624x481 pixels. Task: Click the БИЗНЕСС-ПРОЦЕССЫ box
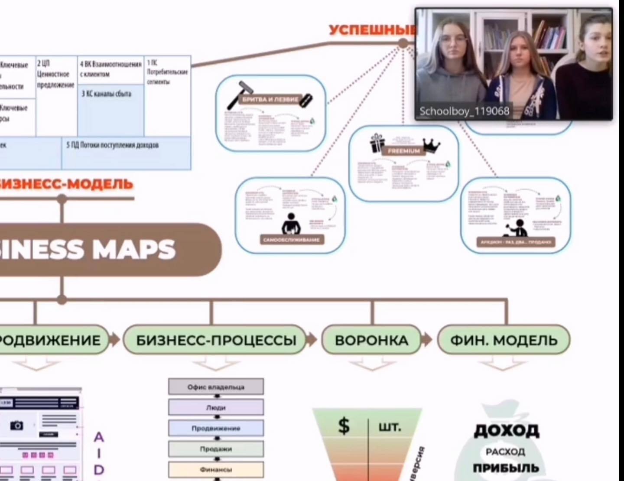coord(215,340)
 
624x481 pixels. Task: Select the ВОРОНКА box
coord(371,340)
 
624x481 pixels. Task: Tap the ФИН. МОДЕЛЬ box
coord(504,340)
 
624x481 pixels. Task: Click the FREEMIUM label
coord(403,151)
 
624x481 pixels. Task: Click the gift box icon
coord(377,143)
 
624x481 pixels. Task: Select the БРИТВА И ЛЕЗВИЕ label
coord(270,99)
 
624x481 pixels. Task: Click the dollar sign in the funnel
coord(344,426)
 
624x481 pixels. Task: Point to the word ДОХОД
coord(506,430)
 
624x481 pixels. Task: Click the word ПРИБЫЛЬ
coord(506,468)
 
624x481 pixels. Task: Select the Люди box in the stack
coord(216,407)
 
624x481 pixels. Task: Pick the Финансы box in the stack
coord(216,469)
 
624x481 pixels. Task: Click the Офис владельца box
coord(216,387)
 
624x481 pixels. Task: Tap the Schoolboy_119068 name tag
coord(464,111)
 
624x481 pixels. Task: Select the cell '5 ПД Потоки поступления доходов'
coord(126,153)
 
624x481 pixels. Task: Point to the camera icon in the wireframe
coord(16,425)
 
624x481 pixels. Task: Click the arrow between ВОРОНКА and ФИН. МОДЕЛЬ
coord(427,340)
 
